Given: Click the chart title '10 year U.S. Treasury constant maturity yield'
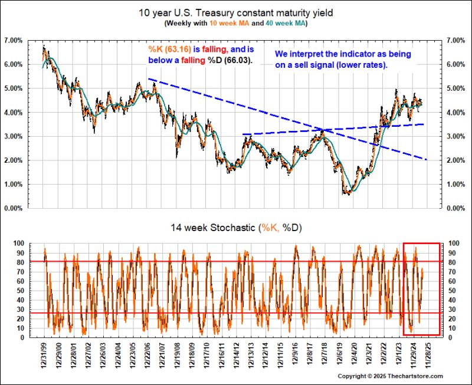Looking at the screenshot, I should (236, 12).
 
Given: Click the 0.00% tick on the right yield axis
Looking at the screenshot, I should (457, 208).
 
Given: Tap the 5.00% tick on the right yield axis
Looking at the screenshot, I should (457, 88).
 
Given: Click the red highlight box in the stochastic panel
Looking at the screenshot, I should (421, 243).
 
